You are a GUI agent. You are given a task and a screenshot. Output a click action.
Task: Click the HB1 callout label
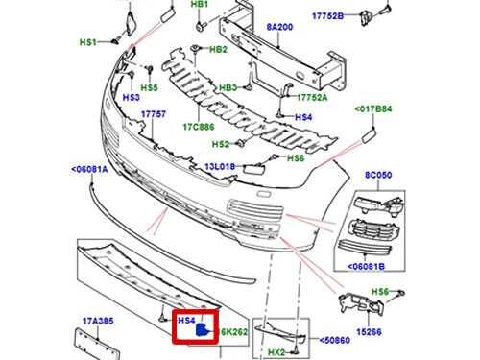click(x=199, y=5)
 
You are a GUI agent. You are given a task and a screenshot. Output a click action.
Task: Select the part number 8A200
click(x=281, y=29)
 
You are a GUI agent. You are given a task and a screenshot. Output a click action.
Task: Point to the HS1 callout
click(x=88, y=43)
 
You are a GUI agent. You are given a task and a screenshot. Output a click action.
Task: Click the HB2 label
click(x=218, y=49)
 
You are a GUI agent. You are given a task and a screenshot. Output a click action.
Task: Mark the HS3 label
click(x=132, y=97)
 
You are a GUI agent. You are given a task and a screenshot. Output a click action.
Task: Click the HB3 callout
click(x=228, y=88)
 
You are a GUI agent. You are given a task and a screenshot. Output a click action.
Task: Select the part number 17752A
click(x=312, y=97)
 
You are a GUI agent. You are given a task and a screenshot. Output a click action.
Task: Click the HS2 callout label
click(x=221, y=144)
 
